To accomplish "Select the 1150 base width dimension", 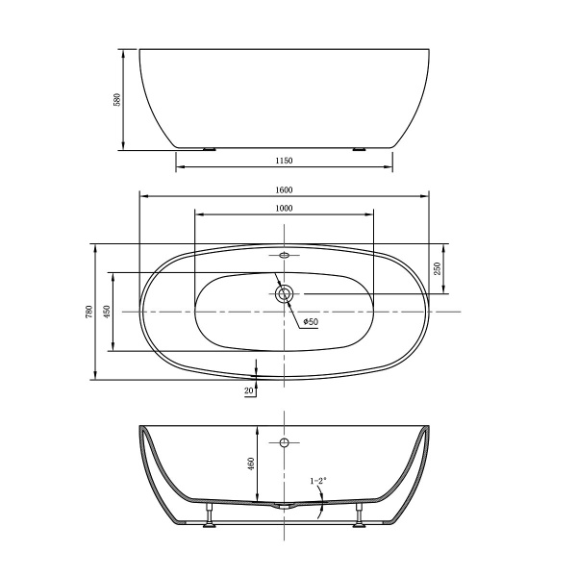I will click(x=284, y=161).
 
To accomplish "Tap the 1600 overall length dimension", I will click(x=284, y=189).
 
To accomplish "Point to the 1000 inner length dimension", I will click(x=284, y=209).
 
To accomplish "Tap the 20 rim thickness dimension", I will click(x=249, y=390).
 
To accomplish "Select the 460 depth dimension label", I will click(x=252, y=464).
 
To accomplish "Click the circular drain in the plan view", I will click(x=284, y=294).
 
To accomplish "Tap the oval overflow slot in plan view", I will click(x=284, y=256).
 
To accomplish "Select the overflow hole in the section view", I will click(x=284, y=442).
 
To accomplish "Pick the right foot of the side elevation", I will click(x=360, y=148).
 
